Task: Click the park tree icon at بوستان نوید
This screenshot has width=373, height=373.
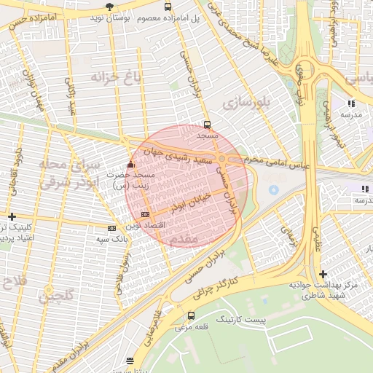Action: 109,7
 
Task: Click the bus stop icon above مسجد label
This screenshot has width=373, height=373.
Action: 208,125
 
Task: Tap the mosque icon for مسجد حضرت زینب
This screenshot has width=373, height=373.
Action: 130,164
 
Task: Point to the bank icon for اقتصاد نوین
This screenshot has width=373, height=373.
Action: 145,214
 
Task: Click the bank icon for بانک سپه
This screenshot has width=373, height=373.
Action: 111,228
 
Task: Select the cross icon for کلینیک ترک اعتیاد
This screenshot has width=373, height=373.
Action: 12,216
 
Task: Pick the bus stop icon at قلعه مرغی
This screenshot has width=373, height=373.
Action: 191,315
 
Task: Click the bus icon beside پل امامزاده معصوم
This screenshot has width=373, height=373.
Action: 168,7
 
